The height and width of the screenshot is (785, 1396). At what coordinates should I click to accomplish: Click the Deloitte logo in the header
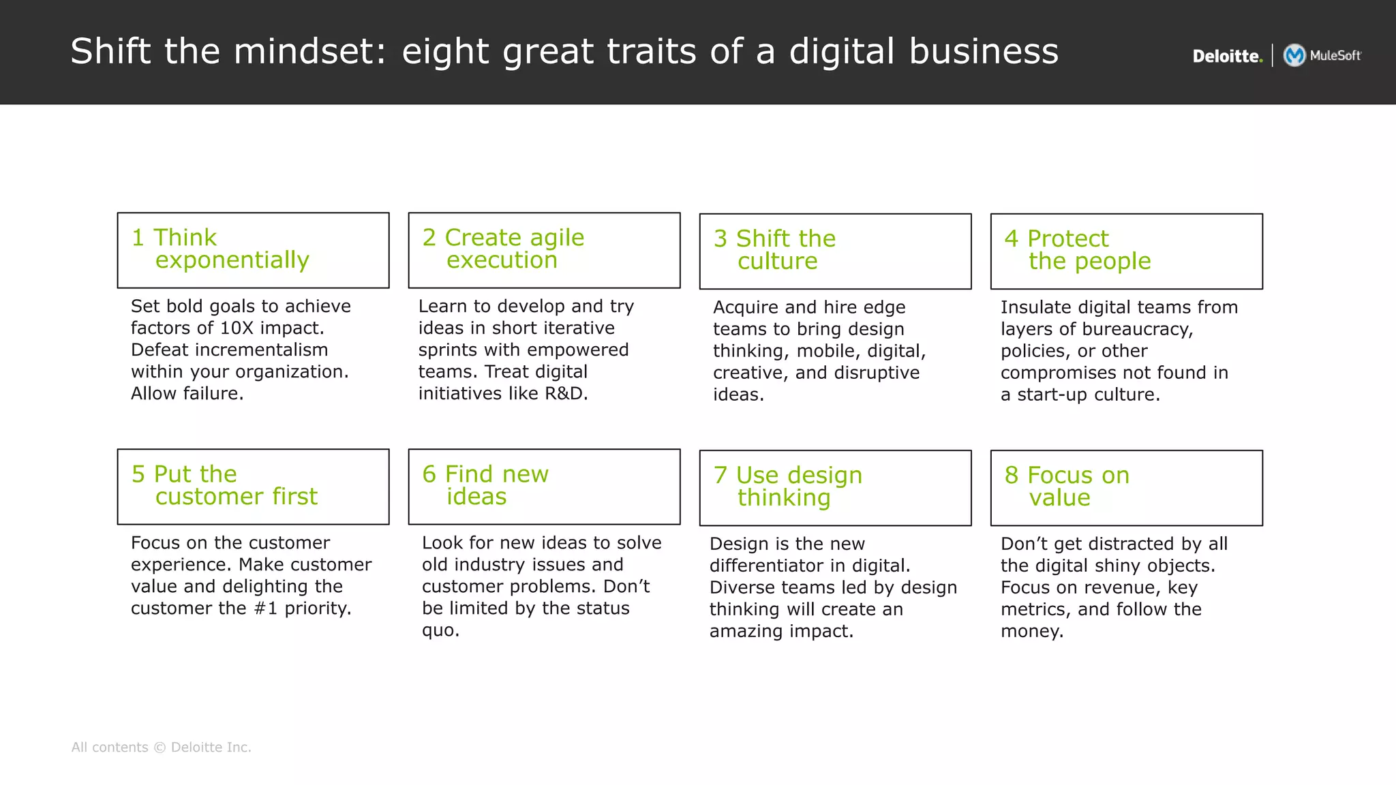[x=1227, y=56]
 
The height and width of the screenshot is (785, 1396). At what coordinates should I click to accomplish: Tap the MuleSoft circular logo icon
[x=1294, y=55]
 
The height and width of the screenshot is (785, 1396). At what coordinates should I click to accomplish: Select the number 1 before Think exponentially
[x=138, y=238]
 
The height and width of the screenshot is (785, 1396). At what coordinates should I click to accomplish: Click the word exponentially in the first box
[x=232, y=260]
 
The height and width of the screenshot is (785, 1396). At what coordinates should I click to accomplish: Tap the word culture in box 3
[x=777, y=261]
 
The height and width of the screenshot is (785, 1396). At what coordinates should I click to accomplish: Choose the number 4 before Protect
[x=1011, y=238]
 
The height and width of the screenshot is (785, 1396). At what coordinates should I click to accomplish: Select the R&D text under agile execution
[x=565, y=393]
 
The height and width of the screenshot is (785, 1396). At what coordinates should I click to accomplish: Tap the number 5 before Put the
[x=138, y=474]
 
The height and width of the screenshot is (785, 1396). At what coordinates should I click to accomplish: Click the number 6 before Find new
[x=429, y=474]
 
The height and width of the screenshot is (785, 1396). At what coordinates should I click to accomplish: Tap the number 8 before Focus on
[x=1011, y=475]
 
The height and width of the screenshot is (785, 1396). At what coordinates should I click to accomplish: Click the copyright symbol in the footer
[x=160, y=748]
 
